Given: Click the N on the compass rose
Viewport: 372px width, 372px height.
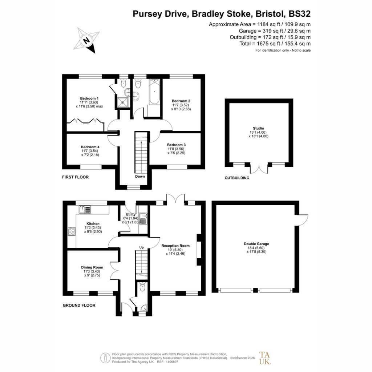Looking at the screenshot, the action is click(x=86, y=40).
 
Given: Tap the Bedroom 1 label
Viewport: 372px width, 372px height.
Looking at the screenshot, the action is click(x=89, y=98).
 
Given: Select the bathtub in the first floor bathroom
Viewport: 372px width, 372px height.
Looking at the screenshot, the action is click(x=154, y=92).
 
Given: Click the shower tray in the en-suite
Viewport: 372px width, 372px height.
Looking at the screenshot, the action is click(x=123, y=102).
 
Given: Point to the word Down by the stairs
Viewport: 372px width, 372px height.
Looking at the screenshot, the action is click(x=140, y=176).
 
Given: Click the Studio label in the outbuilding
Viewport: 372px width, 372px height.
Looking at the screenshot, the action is click(x=258, y=128).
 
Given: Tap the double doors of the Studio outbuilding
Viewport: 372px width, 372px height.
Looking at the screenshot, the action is click(x=259, y=169).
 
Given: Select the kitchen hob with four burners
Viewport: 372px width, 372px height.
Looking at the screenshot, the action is click(x=72, y=231).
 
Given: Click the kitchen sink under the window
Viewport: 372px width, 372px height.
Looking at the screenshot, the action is click(x=85, y=210).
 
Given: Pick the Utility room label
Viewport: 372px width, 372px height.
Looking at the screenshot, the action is click(x=130, y=214).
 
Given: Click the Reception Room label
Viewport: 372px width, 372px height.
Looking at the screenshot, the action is click(x=175, y=246).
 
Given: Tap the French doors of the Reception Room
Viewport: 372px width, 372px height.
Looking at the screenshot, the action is click(x=175, y=199).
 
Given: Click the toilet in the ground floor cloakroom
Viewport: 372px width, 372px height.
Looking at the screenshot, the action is click(x=142, y=287).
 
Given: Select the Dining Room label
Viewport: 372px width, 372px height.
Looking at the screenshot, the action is click(x=92, y=267).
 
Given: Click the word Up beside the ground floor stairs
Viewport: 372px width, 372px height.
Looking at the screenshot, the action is click(x=141, y=247).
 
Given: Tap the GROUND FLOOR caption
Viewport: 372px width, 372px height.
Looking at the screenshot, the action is click(x=79, y=305).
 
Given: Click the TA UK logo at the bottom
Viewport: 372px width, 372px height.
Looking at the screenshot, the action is click(x=264, y=358).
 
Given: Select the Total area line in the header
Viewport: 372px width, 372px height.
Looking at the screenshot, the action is click(x=275, y=44).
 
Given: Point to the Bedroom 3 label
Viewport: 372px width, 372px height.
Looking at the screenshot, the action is click(x=176, y=145).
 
